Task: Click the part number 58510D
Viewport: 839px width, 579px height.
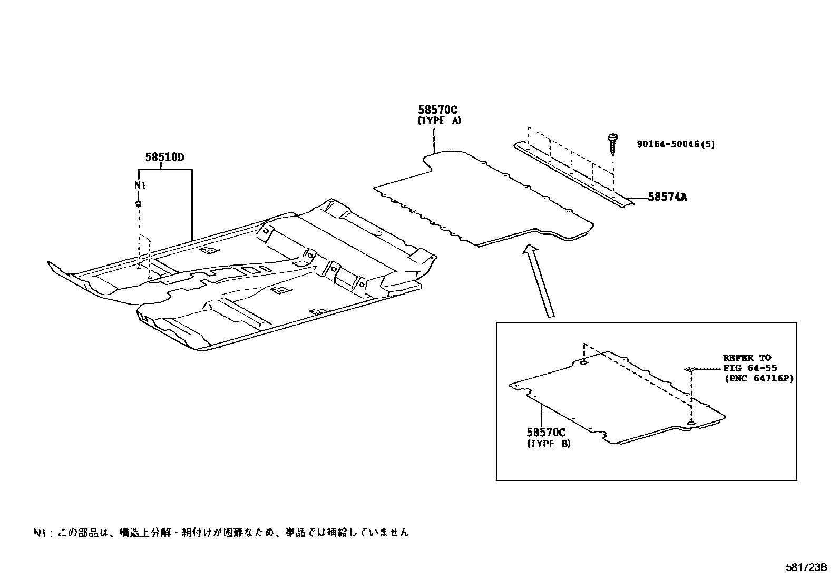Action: click(x=164, y=157)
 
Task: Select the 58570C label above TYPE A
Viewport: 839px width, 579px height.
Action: click(x=437, y=110)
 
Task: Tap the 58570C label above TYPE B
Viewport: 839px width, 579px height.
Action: click(x=545, y=433)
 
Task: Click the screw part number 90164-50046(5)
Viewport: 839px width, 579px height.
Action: click(x=676, y=144)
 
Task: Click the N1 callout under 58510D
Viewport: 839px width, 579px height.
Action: click(x=139, y=185)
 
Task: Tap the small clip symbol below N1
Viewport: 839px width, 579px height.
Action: click(x=139, y=203)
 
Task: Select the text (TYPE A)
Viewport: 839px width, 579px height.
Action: click(x=439, y=121)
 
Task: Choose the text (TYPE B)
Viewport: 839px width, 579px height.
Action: click(x=549, y=444)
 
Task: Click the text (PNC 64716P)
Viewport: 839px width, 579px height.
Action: click(x=757, y=378)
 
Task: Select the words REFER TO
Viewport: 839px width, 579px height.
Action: click(x=747, y=358)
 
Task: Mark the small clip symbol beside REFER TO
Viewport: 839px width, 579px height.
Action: click(x=690, y=369)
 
